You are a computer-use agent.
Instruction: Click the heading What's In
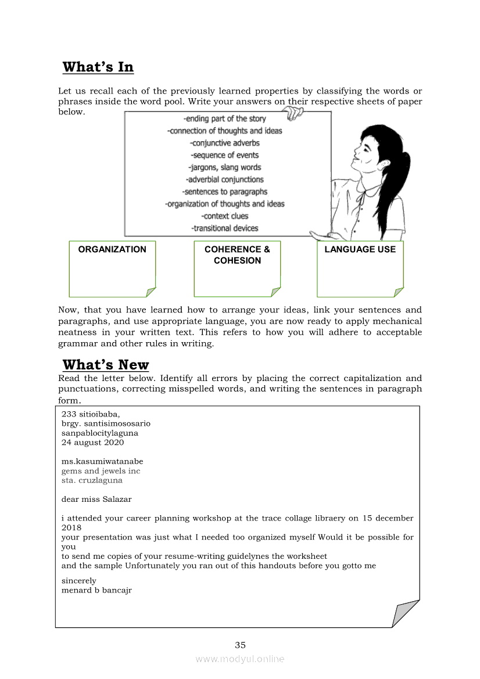click(98, 67)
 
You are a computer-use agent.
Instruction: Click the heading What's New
click(106, 365)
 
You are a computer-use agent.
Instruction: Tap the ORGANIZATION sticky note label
click(112, 249)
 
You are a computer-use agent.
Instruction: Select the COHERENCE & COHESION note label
click(237, 255)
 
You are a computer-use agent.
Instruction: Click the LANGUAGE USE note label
click(360, 249)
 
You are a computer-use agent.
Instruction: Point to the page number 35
click(240, 645)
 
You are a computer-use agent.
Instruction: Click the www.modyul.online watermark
click(240, 659)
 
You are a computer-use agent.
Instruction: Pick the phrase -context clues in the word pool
click(224, 216)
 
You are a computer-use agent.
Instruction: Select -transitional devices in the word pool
click(225, 228)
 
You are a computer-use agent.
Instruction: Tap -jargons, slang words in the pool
click(225, 167)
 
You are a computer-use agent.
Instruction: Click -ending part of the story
click(225, 118)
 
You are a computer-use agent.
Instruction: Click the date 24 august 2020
click(92, 442)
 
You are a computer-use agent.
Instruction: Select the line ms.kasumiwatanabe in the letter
click(102, 461)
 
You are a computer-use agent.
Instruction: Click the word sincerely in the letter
click(79, 581)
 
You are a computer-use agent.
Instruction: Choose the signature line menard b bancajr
click(96, 590)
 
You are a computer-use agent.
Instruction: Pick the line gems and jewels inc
click(101, 471)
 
